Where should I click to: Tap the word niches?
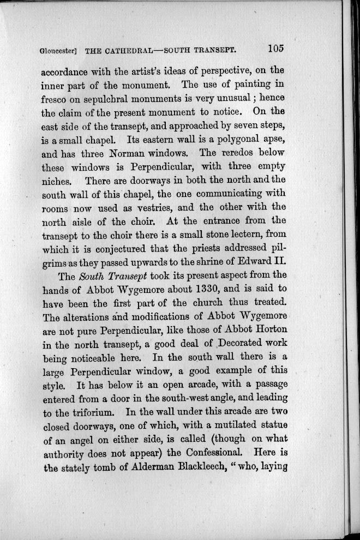pyautogui.click(x=57, y=183)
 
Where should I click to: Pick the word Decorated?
pyautogui.click(x=231, y=345)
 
